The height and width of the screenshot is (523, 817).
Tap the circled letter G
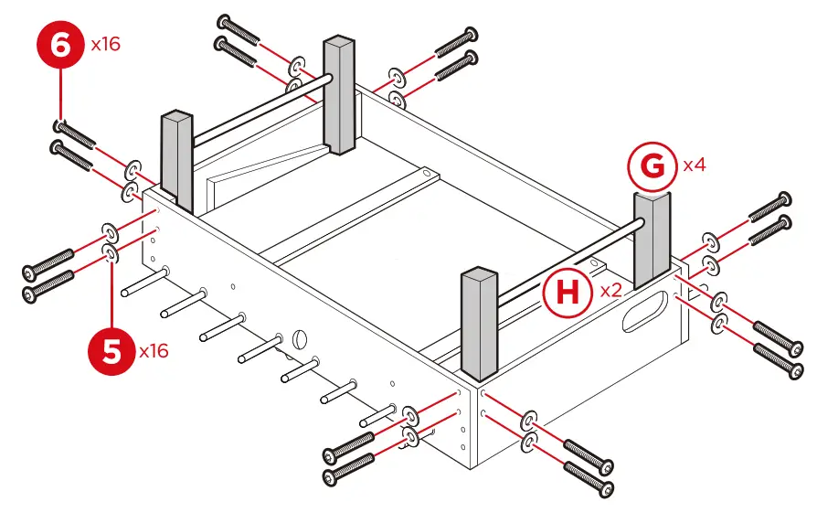coord(652,166)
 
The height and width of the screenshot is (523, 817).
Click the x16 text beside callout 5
coord(156,351)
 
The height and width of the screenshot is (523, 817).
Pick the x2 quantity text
coord(611,292)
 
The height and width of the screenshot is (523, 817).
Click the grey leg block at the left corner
coord(177,160)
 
